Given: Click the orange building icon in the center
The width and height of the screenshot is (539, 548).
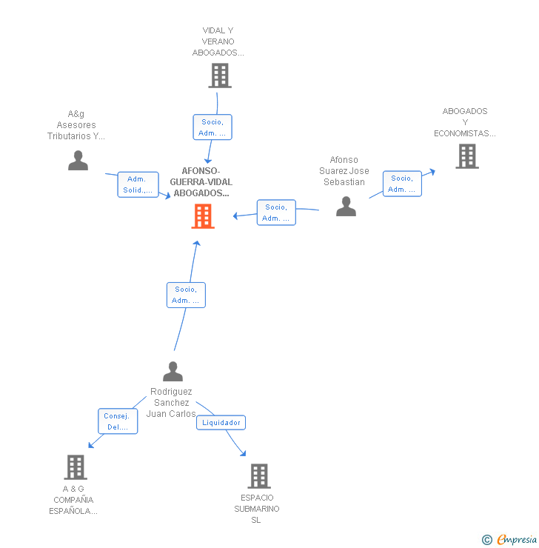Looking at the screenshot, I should point(203,216).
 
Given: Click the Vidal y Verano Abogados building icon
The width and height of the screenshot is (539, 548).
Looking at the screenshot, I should point(219,76).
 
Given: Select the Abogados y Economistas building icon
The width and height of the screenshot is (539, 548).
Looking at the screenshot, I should point(466,156).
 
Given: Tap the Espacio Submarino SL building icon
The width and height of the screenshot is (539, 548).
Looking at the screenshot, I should point(258,476).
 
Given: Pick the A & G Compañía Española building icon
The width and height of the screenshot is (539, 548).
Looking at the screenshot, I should point(76,467).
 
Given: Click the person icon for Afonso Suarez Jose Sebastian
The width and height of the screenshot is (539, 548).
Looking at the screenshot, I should point(346,207).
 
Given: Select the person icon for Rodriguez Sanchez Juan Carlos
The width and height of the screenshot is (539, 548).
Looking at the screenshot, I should point(173,371).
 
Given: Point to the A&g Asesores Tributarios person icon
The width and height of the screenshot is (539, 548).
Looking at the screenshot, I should point(78,160).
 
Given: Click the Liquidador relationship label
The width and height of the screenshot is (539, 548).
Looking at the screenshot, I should point(221,423).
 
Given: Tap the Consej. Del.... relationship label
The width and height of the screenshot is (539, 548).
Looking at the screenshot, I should point(118,421).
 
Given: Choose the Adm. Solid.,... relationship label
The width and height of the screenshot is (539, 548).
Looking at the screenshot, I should point(138,184).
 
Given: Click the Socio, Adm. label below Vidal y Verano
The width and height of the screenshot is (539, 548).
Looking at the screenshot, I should point(212,127).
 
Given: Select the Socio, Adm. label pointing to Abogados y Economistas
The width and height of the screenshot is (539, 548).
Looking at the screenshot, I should point(402,184).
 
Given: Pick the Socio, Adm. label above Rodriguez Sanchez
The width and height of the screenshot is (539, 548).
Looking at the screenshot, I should point(186,295).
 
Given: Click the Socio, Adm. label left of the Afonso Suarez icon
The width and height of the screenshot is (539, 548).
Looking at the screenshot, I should point(276,213).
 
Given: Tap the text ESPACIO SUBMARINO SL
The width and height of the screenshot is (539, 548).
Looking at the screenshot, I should point(257,509).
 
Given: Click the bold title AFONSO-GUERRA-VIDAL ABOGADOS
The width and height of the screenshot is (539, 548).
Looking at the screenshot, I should point(201,182).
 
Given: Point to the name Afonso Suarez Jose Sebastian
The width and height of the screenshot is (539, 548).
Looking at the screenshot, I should point(344,171).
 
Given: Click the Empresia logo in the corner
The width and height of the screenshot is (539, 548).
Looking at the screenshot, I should point(510,540).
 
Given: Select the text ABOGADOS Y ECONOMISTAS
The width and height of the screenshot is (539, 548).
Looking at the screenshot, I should point(465,122).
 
